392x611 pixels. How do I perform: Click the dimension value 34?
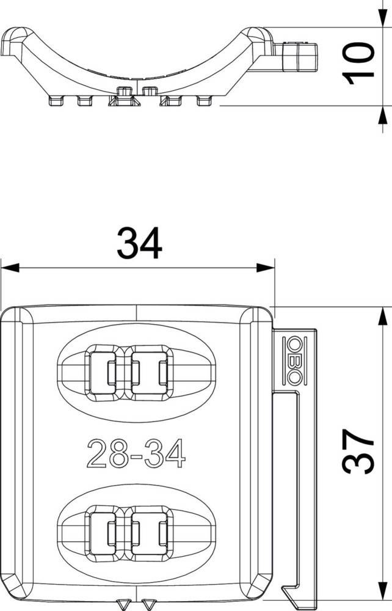click(139, 243)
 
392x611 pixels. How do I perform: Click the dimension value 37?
click(358, 452)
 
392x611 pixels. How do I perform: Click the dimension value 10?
click(358, 64)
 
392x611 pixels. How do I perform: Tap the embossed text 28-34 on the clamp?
click(136, 453)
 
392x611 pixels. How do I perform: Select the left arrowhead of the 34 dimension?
click(10, 268)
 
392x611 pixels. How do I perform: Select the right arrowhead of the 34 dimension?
click(266, 268)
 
